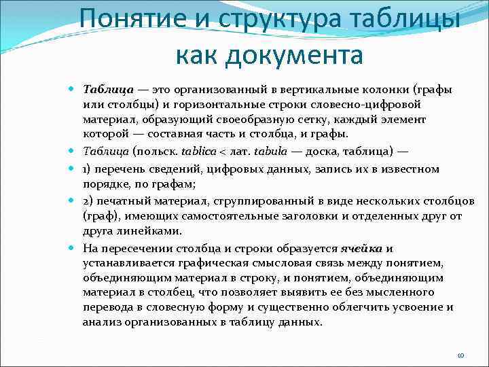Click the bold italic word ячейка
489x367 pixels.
pos(363,248)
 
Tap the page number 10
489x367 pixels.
pos(460,355)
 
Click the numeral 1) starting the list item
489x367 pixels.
pos(88,169)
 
